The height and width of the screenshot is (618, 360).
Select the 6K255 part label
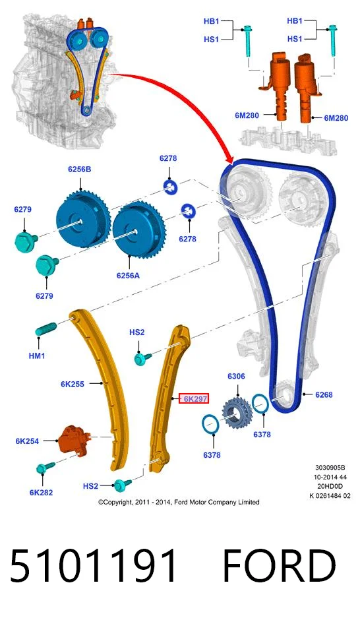[73, 384]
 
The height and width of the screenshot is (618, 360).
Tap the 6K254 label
[27, 441]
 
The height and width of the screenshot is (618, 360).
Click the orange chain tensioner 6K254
[72, 440]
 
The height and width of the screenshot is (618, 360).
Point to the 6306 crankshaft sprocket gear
[235, 413]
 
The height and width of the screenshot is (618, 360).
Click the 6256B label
[80, 170]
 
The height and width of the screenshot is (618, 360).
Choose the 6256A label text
[128, 276]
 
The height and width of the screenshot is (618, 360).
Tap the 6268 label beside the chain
[324, 394]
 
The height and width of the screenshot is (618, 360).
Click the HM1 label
[37, 355]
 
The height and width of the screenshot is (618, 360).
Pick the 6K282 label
[41, 492]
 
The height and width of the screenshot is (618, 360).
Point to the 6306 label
[236, 377]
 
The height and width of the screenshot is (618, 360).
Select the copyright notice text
[179, 502]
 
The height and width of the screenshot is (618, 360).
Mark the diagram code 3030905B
[330, 468]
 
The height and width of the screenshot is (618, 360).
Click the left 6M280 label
[247, 115]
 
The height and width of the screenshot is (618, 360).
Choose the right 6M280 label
[336, 118]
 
